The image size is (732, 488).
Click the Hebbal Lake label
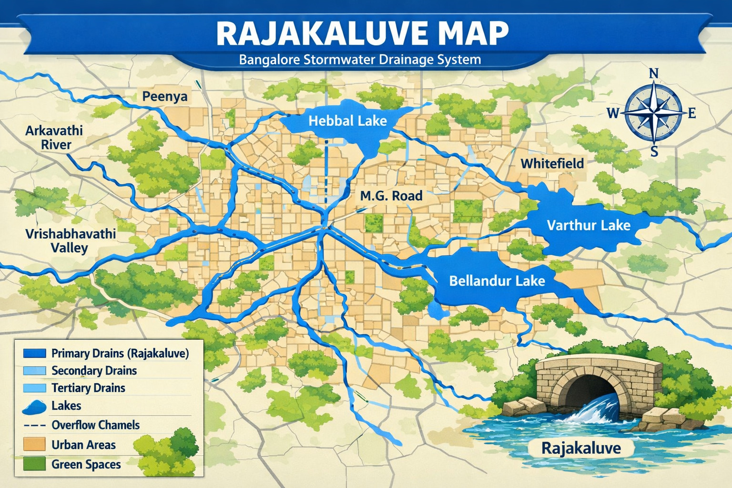coord(347,121)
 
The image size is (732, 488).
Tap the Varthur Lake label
coord(588,225)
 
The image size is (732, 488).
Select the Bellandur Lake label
coord(497,281)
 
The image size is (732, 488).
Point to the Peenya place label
coord(165,97)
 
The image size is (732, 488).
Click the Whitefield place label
coord(552,164)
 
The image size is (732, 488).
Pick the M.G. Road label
coord(391,196)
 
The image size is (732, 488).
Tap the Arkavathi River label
coord(54,138)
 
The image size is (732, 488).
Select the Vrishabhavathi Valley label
coord(70,241)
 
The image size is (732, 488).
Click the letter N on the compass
coord(654,73)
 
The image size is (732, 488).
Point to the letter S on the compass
coord(654,152)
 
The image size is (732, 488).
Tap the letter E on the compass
coord(691,113)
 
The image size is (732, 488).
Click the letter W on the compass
coord(613,113)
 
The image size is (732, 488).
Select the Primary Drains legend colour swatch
coord(34,353)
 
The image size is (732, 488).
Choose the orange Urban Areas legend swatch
coord(34,445)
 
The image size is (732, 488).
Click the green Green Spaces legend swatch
coord(34,464)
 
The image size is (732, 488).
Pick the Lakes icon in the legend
coord(34,407)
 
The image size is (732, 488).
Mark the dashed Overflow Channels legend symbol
coord(34,425)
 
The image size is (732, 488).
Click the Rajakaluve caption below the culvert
coord(581,448)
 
